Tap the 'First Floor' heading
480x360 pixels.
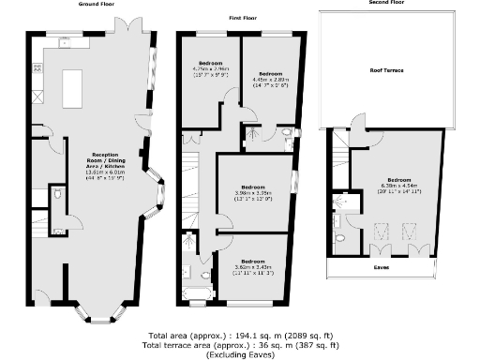click(x=243, y=18)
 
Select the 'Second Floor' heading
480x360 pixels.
click(x=386, y=4)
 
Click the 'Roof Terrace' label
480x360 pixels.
click(x=385, y=68)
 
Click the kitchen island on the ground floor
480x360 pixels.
click(x=72, y=93)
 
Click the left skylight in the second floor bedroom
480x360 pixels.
click(x=382, y=231)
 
